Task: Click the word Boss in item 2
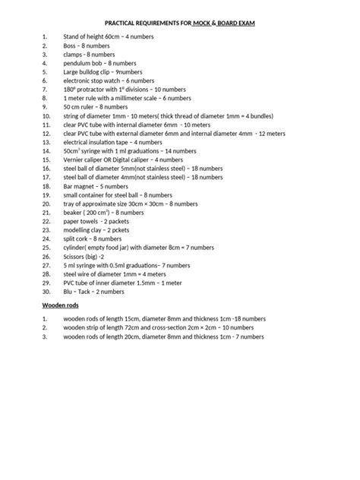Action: (71, 46)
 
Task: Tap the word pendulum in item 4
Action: (79, 63)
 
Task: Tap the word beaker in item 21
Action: (74, 213)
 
